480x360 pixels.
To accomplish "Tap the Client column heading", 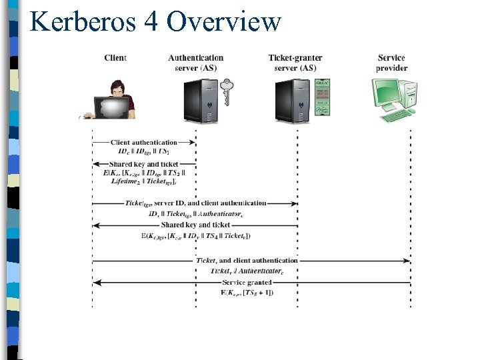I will click(115, 58).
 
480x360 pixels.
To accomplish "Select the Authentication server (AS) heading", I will click(195, 63).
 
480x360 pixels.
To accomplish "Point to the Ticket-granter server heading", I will click(296, 63).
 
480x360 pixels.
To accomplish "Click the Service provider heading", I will click(391, 63).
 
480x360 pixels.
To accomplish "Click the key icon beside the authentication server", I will click(227, 92).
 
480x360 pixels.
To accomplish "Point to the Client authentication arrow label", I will click(144, 142).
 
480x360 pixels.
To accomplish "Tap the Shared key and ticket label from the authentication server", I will click(144, 164).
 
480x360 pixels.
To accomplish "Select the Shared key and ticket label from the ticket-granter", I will click(195, 225).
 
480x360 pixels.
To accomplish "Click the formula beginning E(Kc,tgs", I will click(195, 235).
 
